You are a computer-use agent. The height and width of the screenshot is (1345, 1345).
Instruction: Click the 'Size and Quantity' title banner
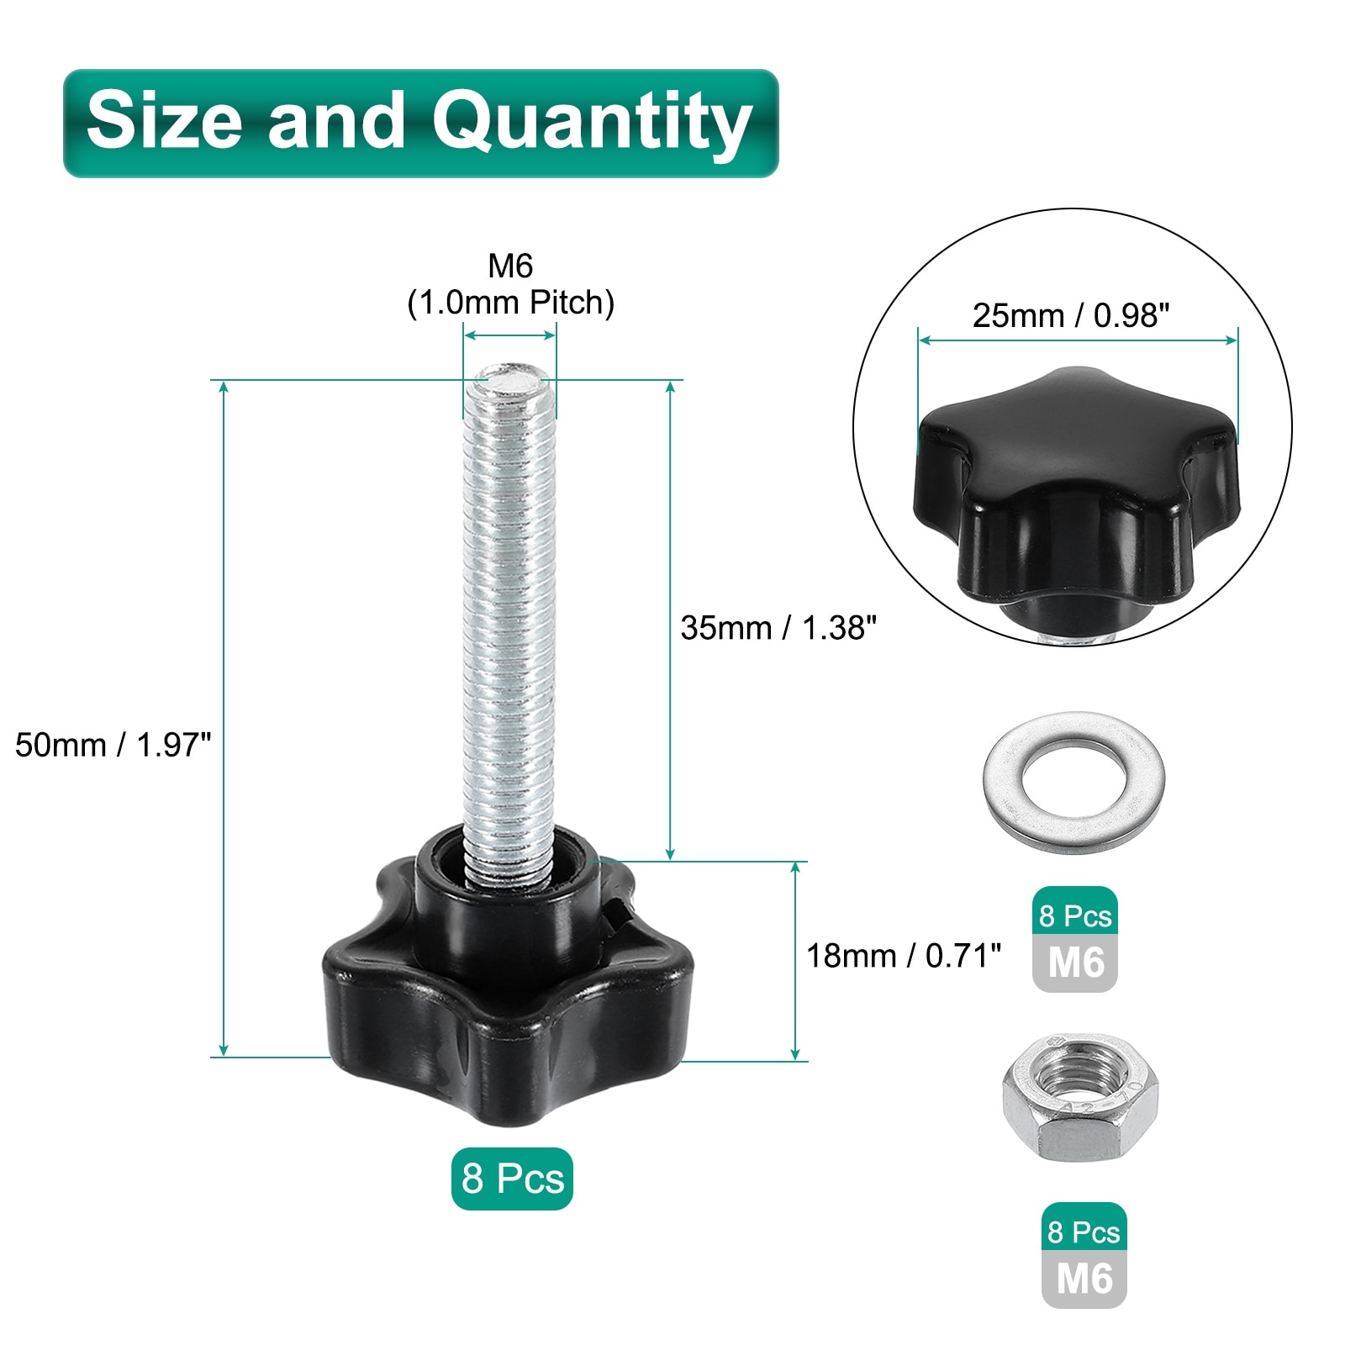point(421,123)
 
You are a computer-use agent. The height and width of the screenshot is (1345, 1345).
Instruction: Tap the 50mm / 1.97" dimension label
point(113,745)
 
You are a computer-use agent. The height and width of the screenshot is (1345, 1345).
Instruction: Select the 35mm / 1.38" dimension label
point(779,628)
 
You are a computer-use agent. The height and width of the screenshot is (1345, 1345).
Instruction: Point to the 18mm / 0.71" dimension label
point(904,956)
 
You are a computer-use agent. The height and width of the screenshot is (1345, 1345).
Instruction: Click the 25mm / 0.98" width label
point(1071,315)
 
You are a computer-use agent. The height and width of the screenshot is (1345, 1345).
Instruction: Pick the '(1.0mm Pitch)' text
point(511,303)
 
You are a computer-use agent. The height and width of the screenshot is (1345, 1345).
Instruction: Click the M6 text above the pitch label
point(510,266)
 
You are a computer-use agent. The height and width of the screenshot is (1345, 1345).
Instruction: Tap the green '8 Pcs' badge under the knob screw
point(512,1179)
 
